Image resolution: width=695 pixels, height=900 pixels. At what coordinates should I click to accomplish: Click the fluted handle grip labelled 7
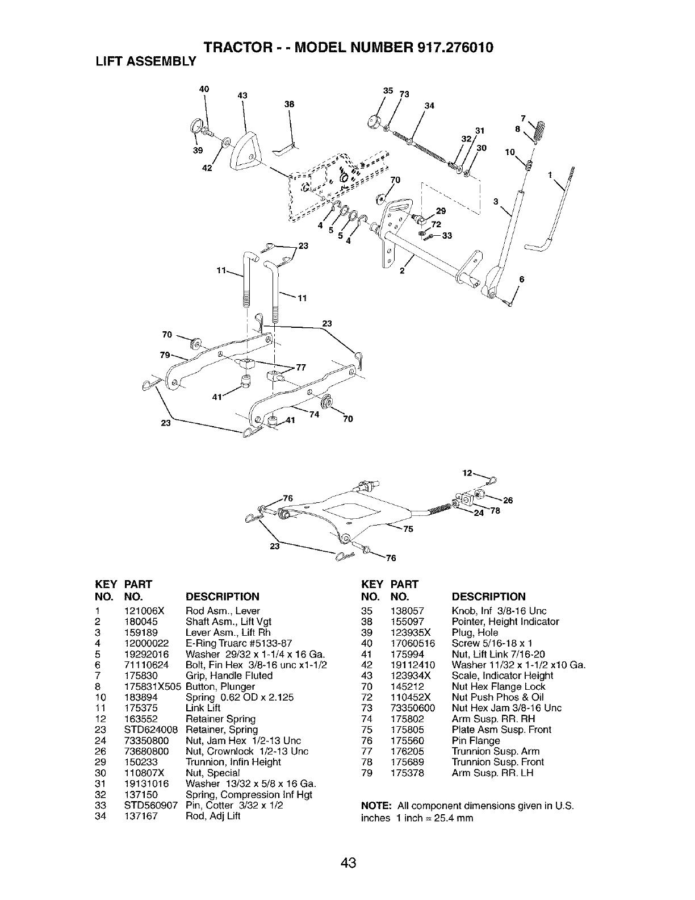(540, 132)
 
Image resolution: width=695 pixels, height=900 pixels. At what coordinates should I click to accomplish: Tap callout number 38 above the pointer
(289, 104)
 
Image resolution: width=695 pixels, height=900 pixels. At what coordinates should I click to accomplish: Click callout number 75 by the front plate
(408, 530)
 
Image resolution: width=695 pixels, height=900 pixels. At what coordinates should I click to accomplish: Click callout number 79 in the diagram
(165, 355)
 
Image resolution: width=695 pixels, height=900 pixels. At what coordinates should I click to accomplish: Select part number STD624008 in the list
(151, 730)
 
